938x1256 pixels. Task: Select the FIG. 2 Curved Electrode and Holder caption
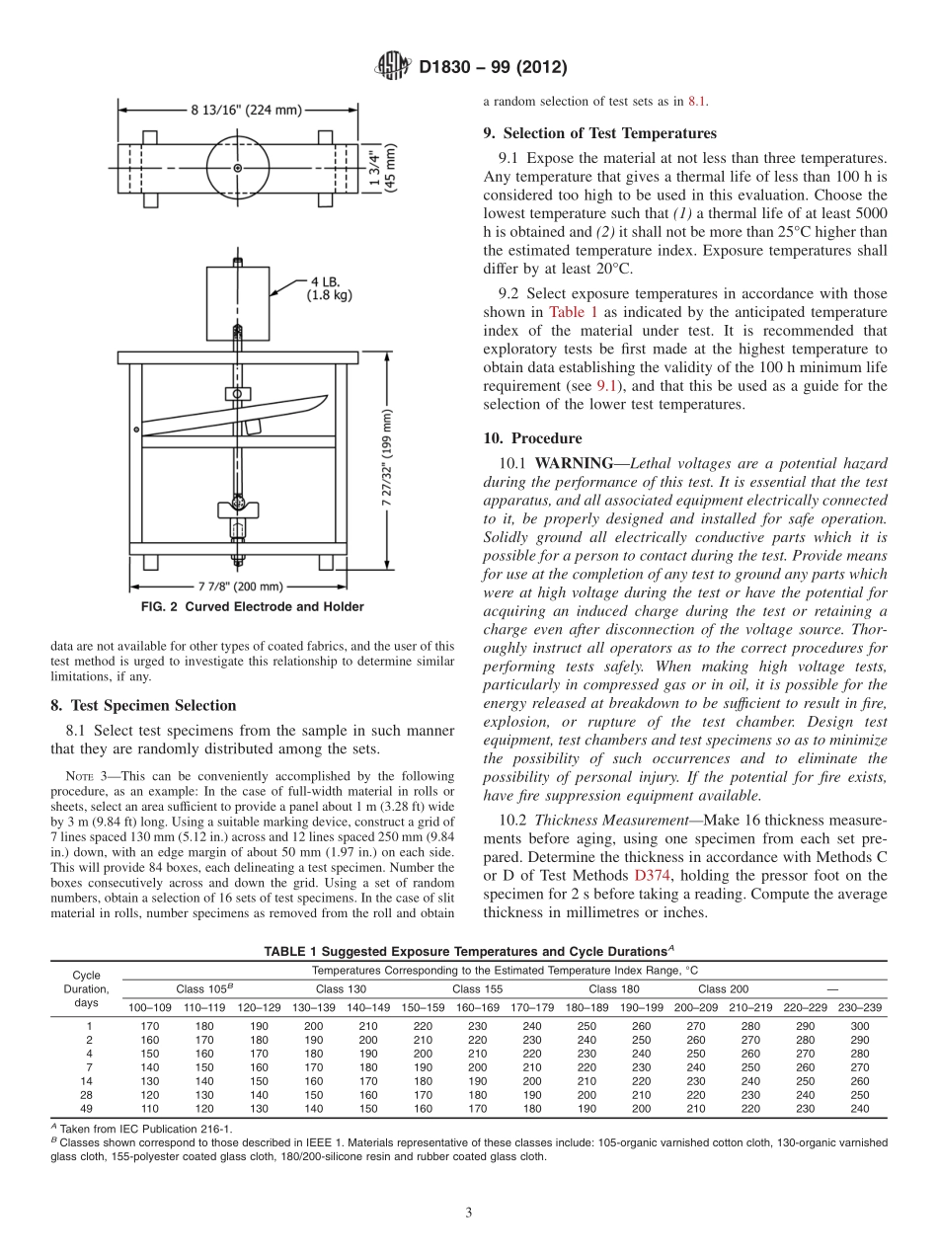(251, 607)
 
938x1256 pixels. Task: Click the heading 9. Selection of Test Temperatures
(599, 133)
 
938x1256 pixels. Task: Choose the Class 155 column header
(478, 988)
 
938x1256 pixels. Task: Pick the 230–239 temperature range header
(860, 1007)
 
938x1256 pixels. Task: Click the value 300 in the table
(860, 1026)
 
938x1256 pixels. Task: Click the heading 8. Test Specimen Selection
(143, 705)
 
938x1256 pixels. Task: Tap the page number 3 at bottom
(469, 1213)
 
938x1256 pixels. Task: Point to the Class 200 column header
(723, 988)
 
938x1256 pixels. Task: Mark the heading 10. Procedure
(546, 438)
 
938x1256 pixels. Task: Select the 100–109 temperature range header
(149, 1007)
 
